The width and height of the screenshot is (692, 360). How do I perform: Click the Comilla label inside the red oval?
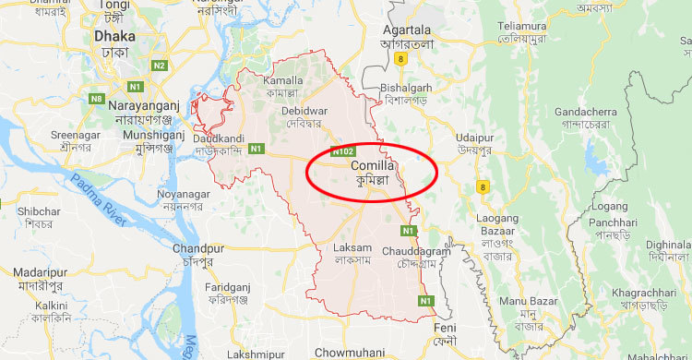[375, 166]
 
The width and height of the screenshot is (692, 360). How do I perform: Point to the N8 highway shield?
[96, 98]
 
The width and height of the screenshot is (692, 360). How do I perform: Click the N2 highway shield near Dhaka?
[160, 66]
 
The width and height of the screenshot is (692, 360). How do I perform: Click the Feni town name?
[446, 329]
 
